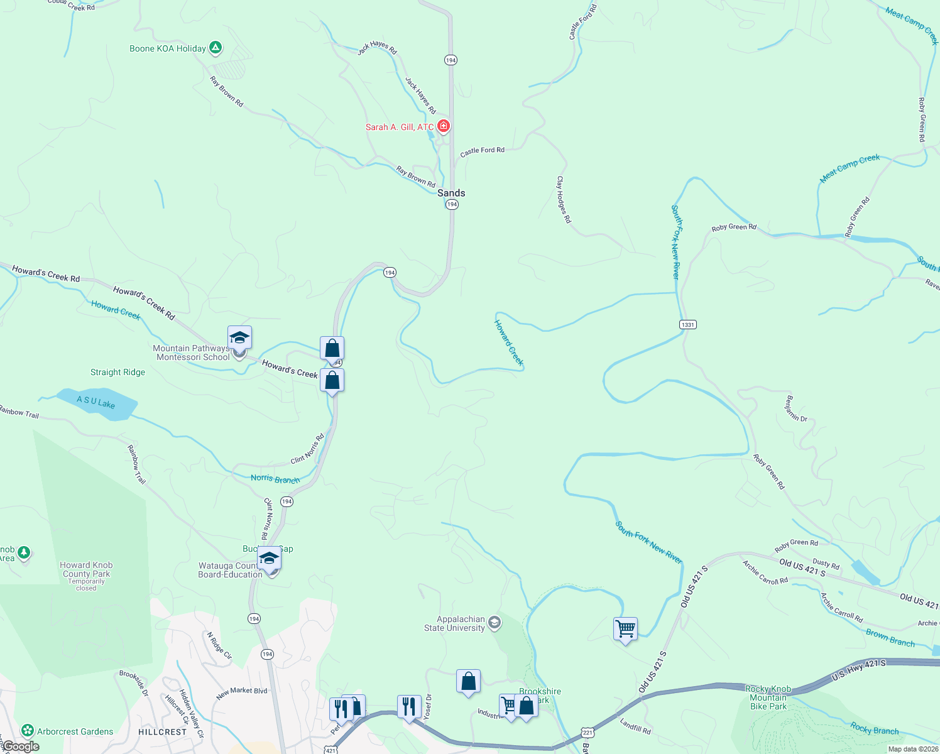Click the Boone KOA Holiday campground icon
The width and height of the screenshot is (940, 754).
(x=216, y=47)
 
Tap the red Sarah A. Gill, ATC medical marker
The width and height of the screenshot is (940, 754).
(x=444, y=126)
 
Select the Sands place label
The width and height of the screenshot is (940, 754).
(x=451, y=193)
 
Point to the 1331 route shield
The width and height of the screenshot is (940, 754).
(x=688, y=325)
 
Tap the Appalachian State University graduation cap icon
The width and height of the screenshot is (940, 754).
(x=495, y=623)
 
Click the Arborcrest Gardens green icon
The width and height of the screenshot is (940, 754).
(x=28, y=730)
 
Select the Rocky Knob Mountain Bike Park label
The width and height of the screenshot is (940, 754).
(x=768, y=697)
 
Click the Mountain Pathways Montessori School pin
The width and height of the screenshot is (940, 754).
(x=239, y=338)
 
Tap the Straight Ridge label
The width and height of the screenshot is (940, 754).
(x=117, y=372)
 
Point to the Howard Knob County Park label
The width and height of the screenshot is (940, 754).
(x=86, y=569)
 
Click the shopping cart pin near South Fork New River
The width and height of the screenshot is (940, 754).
(x=626, y=628)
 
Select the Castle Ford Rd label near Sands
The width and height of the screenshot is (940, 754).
(x=483, y=151)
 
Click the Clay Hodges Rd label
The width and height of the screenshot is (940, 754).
(x=564, y=199)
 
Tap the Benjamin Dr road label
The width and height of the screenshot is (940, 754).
(x=797, y=408)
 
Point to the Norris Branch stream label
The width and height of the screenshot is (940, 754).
(x=275, y=479)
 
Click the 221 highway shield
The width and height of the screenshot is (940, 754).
(x=587, y=733)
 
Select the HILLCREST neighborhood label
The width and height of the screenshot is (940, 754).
(x=163, y=732)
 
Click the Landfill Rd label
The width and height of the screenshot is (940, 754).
(x=635, y=726)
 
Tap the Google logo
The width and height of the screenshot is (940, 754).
(x=20, y=746)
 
